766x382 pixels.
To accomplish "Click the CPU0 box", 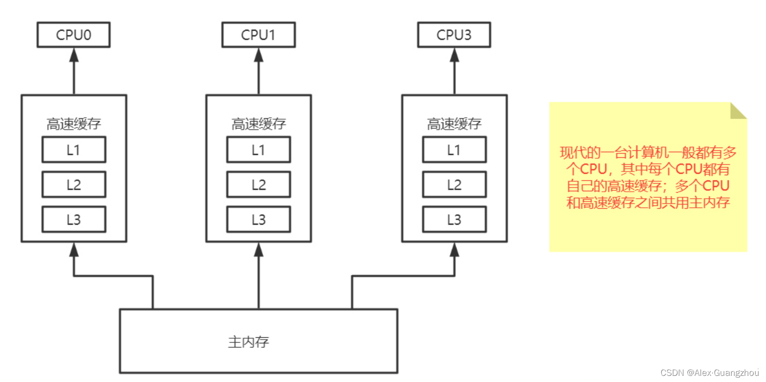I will (x=73, y=35).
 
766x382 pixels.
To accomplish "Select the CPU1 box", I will (x=258, y=35).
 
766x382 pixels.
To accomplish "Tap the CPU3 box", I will (x=454, y=35).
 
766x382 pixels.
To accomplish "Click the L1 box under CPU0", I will (x=73, y=150).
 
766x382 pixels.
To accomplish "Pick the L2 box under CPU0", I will (x=73, y=185).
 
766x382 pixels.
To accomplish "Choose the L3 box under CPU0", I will (x=73, y=219).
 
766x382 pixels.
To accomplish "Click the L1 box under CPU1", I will (x=258, y=150).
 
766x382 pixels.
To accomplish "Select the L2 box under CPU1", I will (x=258, y=185).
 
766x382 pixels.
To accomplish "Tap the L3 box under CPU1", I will (x=258, y=219).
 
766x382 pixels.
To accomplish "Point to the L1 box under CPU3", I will (x=454, y=150).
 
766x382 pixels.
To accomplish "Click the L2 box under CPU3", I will (x=454, y=185).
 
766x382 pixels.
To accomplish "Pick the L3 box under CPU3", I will (x=454, y=219).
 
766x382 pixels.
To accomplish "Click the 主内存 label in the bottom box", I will (x=248, y=342).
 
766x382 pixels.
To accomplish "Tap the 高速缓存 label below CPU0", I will (x=73, y=124).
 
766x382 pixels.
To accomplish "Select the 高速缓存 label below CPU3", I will (x=454, y=124).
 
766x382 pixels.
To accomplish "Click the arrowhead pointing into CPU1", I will (x=259, y=55).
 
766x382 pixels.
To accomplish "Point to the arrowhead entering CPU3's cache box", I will (x=454, y=250).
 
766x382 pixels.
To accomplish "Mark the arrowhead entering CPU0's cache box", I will (x=74, y=250).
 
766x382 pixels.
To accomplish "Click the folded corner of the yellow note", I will (x=737, y=111).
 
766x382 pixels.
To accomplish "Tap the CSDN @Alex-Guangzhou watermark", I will (x=709, y=373).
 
